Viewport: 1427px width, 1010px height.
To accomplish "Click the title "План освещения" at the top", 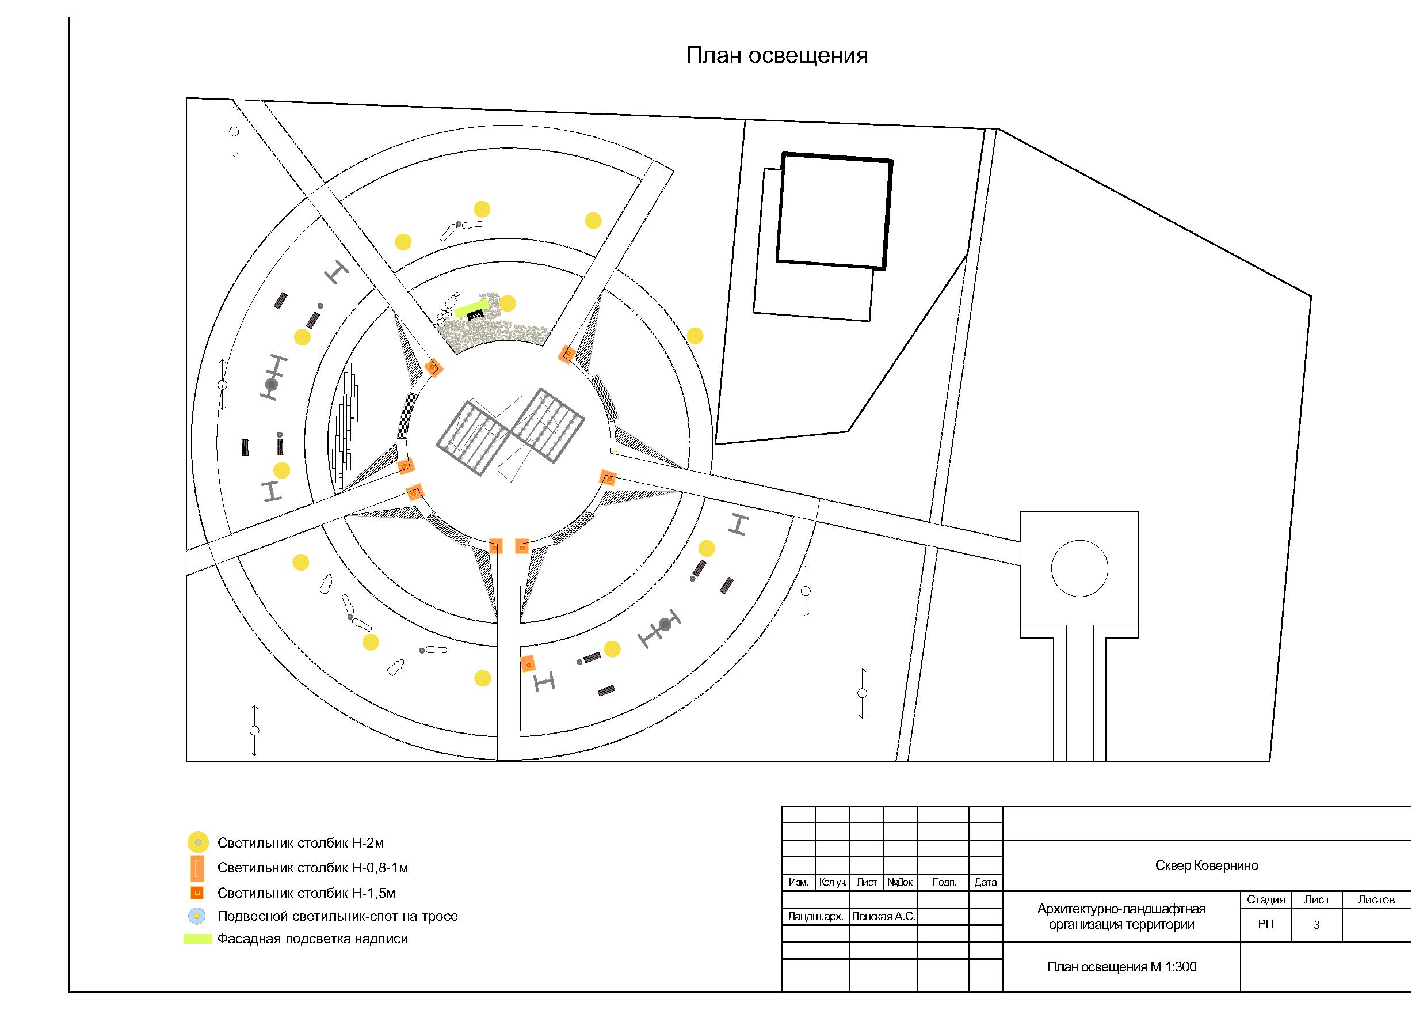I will coord(776,55).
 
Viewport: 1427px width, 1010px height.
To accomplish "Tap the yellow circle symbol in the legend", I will coord(197,842).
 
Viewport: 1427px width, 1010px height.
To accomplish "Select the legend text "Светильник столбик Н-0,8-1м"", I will coord(312,868).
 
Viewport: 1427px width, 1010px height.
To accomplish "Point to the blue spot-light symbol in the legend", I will coord(197,916).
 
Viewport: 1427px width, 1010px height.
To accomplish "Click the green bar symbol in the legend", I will coord(197,939).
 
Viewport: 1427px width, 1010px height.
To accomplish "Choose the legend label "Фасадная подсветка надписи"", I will coord(312,939).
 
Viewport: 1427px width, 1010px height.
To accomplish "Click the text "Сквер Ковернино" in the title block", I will coord(1207,865).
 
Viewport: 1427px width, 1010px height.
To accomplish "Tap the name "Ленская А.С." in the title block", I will coord(883,917).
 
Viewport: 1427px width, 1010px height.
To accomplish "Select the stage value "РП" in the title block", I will coord(1265,924).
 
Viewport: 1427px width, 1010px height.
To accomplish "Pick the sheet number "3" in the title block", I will coord(1317,925).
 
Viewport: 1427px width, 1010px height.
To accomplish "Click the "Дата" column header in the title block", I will coord(985,883).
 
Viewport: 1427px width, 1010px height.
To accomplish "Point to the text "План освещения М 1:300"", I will coord(1121,967).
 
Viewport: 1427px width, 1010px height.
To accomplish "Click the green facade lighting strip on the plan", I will coord(471,309).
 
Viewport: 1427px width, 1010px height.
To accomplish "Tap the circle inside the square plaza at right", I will coord(1079,568).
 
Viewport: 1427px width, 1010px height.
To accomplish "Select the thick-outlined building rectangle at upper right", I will coord(834,211).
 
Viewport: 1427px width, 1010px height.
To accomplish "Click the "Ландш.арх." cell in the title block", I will coord(815,917).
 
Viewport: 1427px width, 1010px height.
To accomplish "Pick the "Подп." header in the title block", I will coord(944,883).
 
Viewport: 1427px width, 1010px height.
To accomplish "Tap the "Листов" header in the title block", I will coord(1376,900).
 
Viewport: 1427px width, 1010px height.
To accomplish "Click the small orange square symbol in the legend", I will coord(197,893).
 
